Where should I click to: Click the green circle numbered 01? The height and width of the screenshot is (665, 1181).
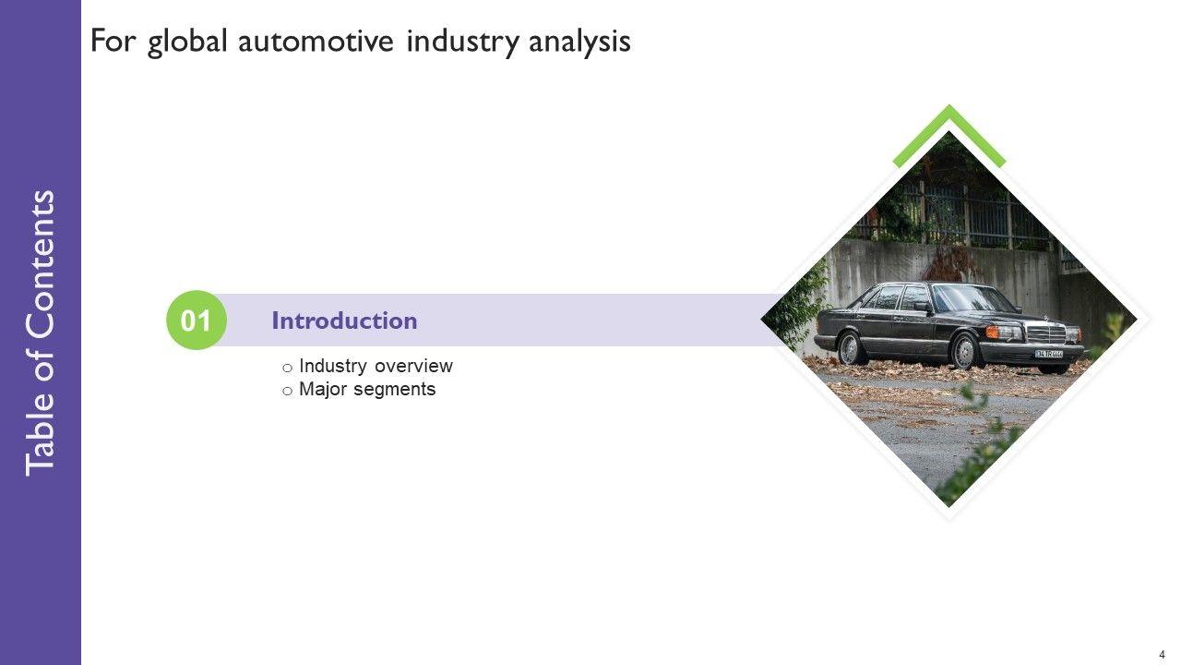tap(196, 321)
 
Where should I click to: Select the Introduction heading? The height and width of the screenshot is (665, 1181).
tap(344, 321)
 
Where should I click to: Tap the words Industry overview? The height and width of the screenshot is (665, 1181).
tap(376, 366)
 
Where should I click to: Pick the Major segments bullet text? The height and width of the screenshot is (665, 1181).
tap(367, 389)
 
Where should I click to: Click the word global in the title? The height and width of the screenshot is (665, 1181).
tap(187, 42)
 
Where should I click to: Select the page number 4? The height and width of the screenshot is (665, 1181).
tap(1162, 654)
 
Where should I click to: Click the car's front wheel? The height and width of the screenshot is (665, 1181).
tap(965, 352)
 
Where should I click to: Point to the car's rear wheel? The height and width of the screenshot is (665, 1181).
tap(850, 348)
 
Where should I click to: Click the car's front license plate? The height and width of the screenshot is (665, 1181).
tap(1048, 353)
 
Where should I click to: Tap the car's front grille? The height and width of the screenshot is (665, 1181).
tap(1045, 333)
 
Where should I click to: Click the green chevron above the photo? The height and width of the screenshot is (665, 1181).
tap(949, 129)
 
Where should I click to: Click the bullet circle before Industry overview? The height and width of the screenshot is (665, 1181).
tap(288, 368)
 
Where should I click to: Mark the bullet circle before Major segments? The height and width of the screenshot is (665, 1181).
tap(288, 391)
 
